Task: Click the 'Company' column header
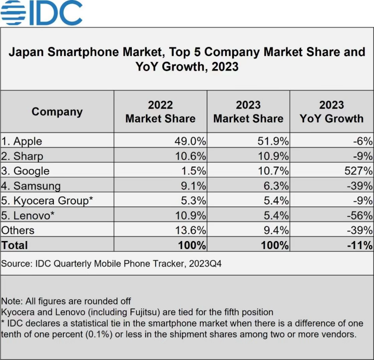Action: pyautogui.click(x=57, y=111)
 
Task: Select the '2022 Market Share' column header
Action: pyautogui.click(x=160, y=111)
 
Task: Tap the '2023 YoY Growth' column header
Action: pyautogui.click(x=332, y=111)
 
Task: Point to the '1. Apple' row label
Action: pyautogui.click(x=21, y=141)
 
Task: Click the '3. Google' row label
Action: pyautogui.click(x=25, y=171)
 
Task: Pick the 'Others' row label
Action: pyautogui.click(x=18, y=230)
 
